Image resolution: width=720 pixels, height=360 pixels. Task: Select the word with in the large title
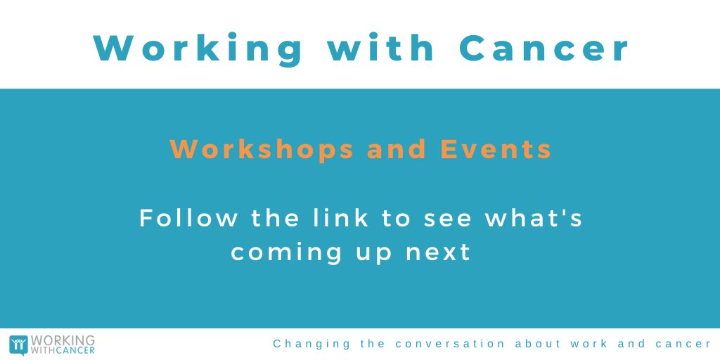pyautogui.click(x=382, y=47)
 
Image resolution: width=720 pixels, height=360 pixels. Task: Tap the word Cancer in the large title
pyautogui.click(x=544, y=47)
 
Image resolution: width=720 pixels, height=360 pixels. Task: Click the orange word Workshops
pyautogui.click(x=262, y=149)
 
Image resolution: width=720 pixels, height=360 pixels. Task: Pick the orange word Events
pyautogui.click(x=496, y=149)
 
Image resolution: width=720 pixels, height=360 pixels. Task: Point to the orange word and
pyautogui.click(x=397, y=149)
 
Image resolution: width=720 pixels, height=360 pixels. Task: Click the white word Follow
pyautogui.click(x=188, y=217)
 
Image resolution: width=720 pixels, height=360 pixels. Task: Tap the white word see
pyautogui.click(x=449, y=219)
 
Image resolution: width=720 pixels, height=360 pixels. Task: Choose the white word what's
pyautogui.click(x=535, y=217)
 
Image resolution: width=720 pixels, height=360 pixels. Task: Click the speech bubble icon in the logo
pyautogui.click(x=18, y=345)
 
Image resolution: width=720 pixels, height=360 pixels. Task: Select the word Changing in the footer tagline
pyautogui.click(x=311, y=345)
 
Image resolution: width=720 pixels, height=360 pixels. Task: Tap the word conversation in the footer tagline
pyautogui.click(x=451, y=344)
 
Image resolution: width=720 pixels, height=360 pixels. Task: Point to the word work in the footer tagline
pyautogui.click(x=593, y=344)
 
